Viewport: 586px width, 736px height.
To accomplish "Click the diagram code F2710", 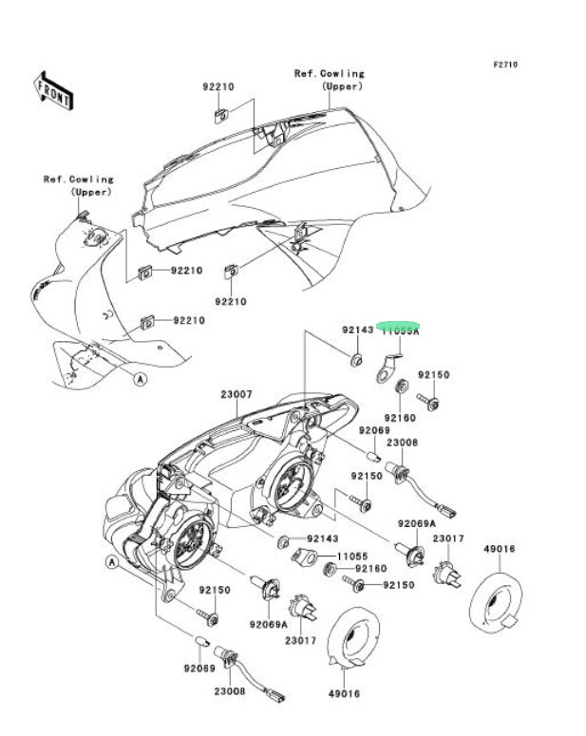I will tap(504, 66).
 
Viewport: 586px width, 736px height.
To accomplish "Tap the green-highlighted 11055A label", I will tap(400, 330).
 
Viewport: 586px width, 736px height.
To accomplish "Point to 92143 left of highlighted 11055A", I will tap(358, 330).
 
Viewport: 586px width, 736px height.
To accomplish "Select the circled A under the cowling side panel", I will tap(140, 379).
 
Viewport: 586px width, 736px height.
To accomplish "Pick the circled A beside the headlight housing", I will tap(111, 562).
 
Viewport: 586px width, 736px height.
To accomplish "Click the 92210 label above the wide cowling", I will tap(217, 86).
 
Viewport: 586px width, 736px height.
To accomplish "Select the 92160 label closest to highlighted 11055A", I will tap(400, 417).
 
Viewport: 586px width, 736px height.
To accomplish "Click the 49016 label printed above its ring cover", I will tap(500, 548).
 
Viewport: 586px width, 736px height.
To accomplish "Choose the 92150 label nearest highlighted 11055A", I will tap(433, 375).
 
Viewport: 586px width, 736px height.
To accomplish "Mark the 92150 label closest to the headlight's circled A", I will tap(215, 590).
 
